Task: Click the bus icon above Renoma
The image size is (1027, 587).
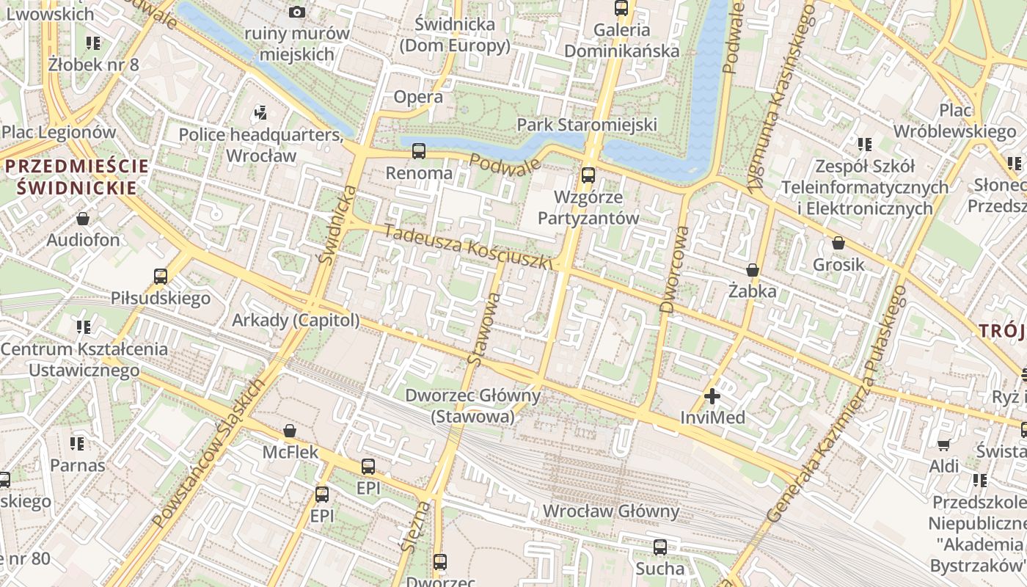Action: [418, 151]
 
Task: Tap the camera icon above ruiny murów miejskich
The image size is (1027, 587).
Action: [297, 12]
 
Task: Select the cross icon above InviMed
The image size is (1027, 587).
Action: [712, 397]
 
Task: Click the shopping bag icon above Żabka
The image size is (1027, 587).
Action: [752, 270]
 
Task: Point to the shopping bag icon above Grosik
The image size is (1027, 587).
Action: [838, 243]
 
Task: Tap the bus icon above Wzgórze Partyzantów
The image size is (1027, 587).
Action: [588, 175]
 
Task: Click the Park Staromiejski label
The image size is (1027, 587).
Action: [587, 125]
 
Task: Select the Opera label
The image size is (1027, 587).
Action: [418, 97]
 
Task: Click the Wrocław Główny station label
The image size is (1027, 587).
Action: [611, 511]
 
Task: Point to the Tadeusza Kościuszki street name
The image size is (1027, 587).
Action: [466, 247]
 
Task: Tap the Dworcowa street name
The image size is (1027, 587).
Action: [674, 269]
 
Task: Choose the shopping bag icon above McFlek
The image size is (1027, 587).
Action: [290, 431]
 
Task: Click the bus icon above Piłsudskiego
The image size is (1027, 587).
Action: [161, 277]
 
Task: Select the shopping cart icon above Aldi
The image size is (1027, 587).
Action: [943, 445]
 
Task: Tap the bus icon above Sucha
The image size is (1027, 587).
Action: [659, 547]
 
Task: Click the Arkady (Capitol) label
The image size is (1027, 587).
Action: [296, 321]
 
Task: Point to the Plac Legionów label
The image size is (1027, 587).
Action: [59, 133]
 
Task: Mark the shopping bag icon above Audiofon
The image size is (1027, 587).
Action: [83, 219]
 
